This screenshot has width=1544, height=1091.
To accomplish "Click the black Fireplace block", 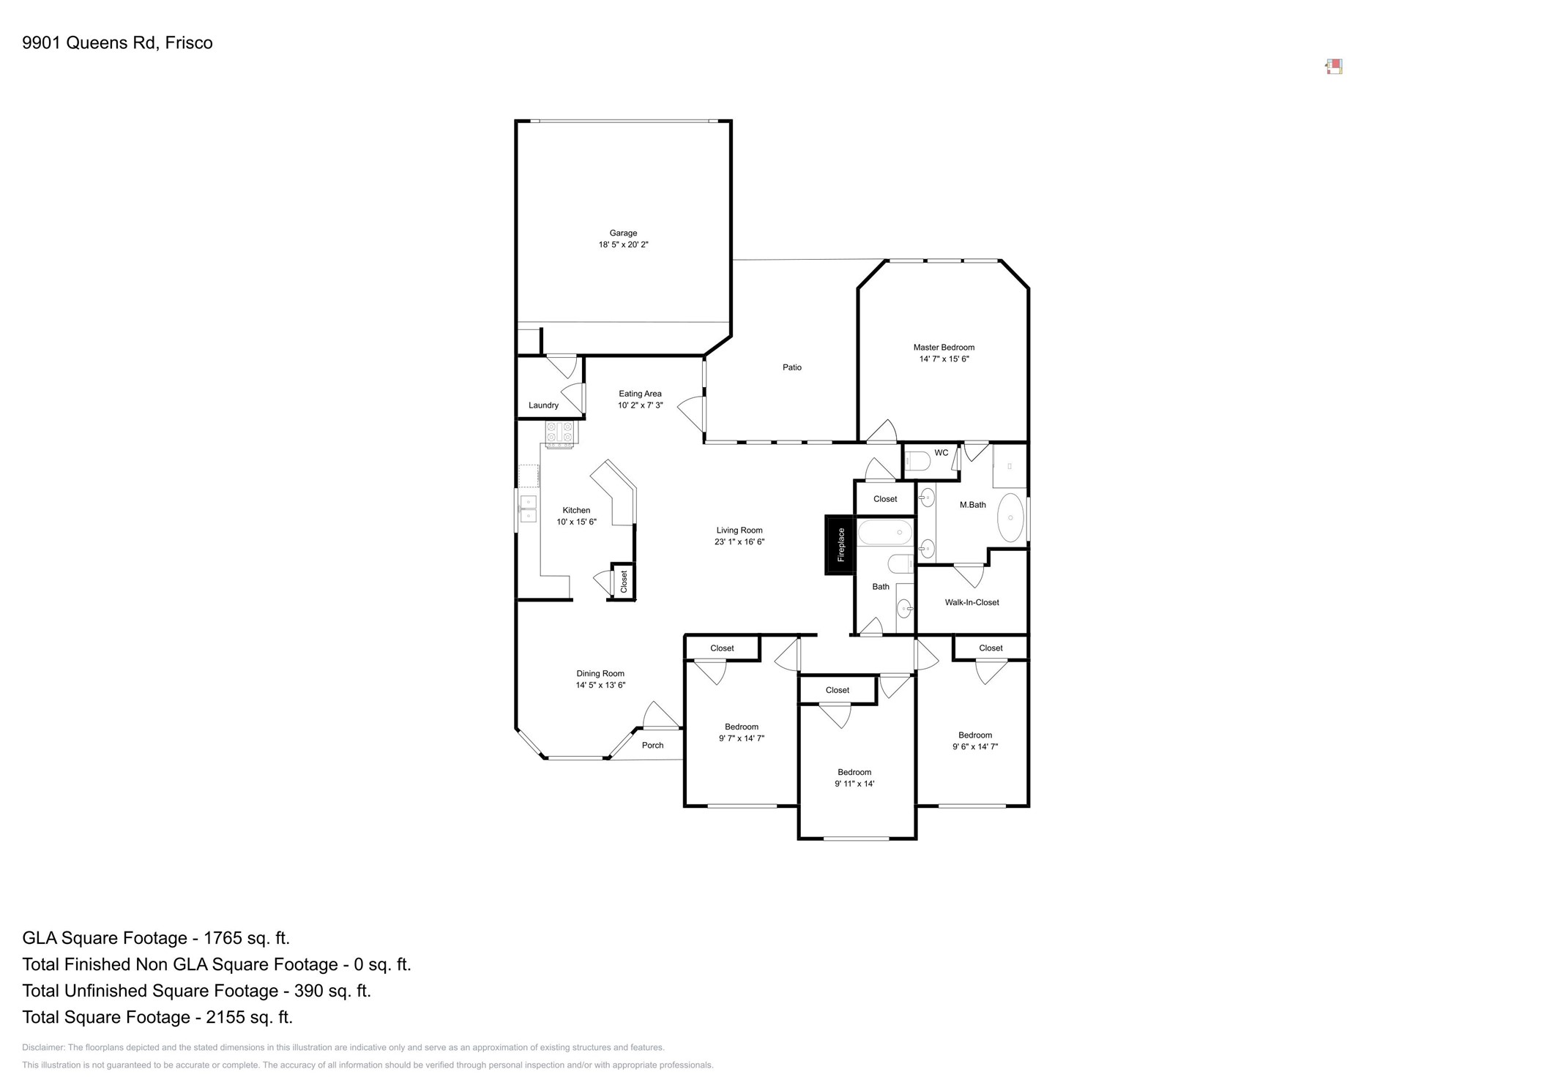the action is (840, 544).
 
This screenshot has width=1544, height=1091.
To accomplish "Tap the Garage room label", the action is (623, 233).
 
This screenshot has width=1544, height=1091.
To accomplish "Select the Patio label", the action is (792, 367).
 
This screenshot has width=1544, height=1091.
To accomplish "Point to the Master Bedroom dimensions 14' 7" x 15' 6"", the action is (944, 359).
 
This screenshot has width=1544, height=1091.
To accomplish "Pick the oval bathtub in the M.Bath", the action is (1010, 517).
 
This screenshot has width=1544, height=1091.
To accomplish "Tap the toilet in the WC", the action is (917, 461).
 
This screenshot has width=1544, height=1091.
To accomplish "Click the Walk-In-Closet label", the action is (971, 602).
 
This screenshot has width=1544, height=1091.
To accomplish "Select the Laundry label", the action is (543, 405).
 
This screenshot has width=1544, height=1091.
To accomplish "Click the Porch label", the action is (652, 746).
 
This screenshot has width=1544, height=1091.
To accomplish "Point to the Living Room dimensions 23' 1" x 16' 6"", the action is (739, 542).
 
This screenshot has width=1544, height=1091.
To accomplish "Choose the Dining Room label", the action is (600, 674).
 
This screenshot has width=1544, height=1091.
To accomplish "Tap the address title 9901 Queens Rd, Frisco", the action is (117, 43).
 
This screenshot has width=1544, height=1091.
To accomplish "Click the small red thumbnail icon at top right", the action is (1334, 67).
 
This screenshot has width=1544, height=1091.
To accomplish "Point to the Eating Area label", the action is (640, 394).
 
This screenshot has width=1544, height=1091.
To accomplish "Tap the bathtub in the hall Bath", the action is (885, 532).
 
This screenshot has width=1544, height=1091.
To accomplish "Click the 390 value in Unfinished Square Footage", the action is (308, 991).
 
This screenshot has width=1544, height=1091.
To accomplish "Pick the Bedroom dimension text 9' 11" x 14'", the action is (854, 784).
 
